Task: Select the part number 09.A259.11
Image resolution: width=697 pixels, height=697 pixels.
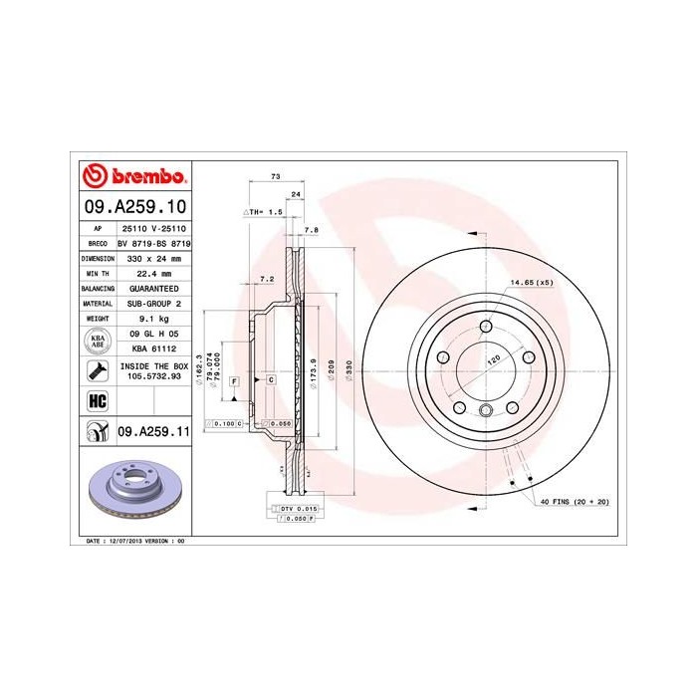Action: [153, 431]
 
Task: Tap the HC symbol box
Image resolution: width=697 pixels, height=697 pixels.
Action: [98, 401]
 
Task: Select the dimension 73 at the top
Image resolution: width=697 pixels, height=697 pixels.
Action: [274, 176]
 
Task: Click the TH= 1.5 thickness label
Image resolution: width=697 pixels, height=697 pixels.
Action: [265, 213]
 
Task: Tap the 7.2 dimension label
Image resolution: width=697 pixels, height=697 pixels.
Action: [266, 279]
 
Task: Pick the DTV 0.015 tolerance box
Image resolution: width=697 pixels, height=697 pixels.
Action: [295, 509]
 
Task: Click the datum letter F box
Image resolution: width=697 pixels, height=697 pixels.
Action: [234, 381]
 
